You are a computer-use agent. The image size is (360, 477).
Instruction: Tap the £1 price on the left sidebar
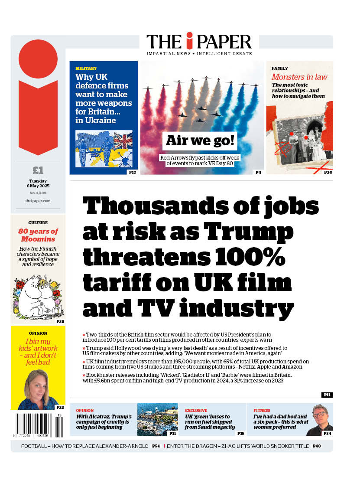coord(38,170)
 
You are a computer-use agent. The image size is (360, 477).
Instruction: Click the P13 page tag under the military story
coord(132,173)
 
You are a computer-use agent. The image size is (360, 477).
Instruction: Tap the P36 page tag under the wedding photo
coord(328,173)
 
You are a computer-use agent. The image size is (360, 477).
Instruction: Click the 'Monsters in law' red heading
coord(299,77)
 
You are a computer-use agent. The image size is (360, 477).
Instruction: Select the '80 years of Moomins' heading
coord(38,235)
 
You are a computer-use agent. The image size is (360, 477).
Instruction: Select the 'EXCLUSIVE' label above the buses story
coord(196,410)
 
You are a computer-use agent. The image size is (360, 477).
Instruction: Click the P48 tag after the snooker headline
coord(317,446)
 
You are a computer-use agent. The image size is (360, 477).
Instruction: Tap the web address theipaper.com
coord(38,201)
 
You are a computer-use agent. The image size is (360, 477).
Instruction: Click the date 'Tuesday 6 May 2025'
coord(38,183)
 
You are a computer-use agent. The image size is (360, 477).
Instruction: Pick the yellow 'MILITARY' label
coord(86,69)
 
